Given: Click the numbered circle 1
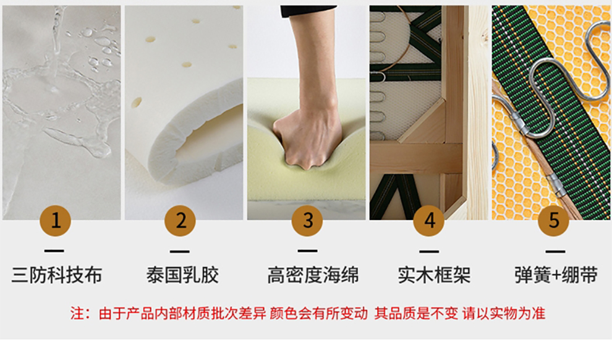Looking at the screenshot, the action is (x=56, y=221).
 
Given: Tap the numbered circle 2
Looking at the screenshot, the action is (x=180, y=221).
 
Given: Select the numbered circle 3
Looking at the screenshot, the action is (x=307, y=221).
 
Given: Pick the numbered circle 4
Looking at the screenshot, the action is (x=429, y=221).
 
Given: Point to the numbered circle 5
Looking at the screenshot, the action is (x=553, y=221).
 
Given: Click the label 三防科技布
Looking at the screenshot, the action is (x=57, y=275).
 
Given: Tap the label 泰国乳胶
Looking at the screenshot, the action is (x=182, y=275).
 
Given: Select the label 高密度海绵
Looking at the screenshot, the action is (x=313, y=275).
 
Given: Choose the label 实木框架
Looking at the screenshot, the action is (x=434, y=275).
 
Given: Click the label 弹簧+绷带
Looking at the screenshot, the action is (x=556, y=275).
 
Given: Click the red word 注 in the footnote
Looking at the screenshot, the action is (x=77, y=313).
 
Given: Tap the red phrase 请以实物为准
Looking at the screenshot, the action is (x=504, y=313).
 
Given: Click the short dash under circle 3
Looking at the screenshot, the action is (x=307, y=251).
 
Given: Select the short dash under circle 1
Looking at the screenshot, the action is (x=54, y=251).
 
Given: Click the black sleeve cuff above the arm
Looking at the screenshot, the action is (x=308, y=11).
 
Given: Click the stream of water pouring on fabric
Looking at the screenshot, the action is (x=57, y=39).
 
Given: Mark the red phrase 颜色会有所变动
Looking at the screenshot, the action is (x=318, y=313).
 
